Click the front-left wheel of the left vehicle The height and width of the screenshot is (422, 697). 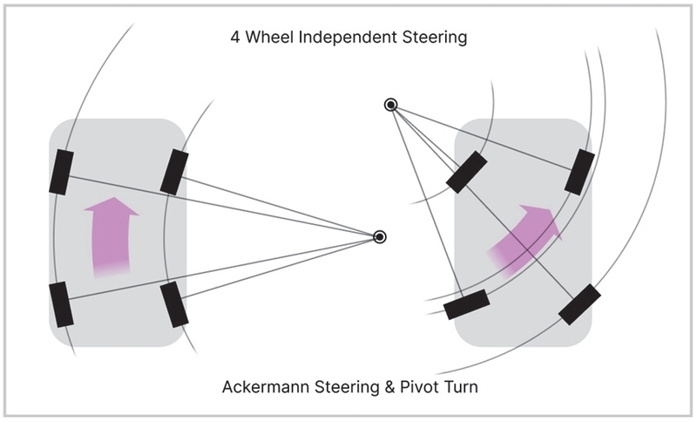61,172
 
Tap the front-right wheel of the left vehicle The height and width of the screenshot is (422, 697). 174,172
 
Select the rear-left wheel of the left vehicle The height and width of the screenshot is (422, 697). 61,304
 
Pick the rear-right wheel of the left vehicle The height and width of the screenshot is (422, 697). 174,304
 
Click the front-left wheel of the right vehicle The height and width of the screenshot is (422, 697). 466,172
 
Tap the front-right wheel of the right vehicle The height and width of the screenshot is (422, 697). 579,172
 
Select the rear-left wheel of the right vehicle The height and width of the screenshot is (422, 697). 467,304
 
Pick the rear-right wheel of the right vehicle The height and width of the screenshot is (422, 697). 579,304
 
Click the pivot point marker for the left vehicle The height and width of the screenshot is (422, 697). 379,236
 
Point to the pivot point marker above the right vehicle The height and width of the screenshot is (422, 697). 390,105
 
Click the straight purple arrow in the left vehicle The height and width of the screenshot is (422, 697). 112,237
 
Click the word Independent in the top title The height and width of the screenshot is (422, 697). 348,37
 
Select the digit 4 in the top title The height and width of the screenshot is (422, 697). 235,37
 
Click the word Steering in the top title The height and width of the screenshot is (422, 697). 435,37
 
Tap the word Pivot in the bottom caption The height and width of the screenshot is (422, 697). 416,387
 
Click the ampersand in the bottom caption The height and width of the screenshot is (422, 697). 389,387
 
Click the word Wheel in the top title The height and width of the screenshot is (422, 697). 269,37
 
